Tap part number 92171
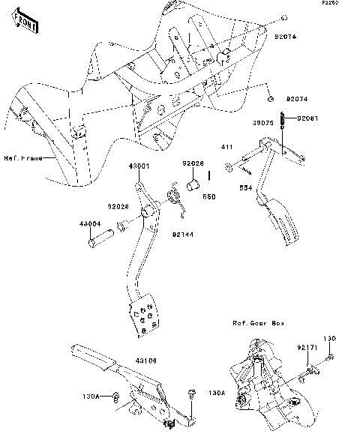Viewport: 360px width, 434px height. pos(304,348)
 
